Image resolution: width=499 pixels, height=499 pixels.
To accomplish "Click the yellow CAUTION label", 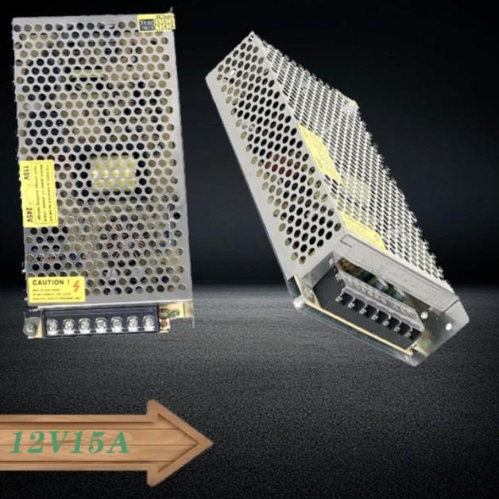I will (56, 288).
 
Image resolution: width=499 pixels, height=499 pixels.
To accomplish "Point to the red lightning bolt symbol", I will (77, 284).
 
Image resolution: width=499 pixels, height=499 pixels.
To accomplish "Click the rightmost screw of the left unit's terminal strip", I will (149, 322).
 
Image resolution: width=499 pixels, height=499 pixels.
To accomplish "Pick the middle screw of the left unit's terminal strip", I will (101, 323).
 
